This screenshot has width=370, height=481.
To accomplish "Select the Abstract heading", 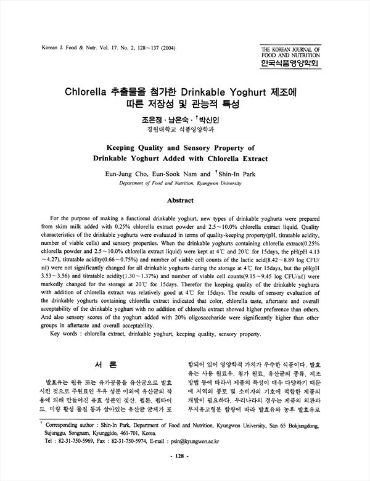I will click(185, 200).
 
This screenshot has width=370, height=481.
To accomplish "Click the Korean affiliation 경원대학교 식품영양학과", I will click(185, 130).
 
